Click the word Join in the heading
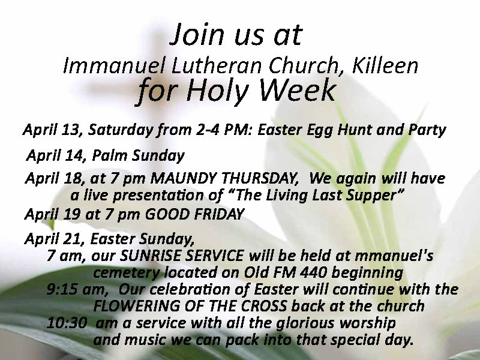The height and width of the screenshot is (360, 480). (x=198, y=34)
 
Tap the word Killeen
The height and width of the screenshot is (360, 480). (x=385, y=65)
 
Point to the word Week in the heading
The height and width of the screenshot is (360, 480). (x=297, y=90)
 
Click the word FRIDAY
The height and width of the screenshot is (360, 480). (x=219, y=214)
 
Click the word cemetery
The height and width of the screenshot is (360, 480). (x=127, y=273)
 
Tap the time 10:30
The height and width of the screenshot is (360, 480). (x=67, y=323)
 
